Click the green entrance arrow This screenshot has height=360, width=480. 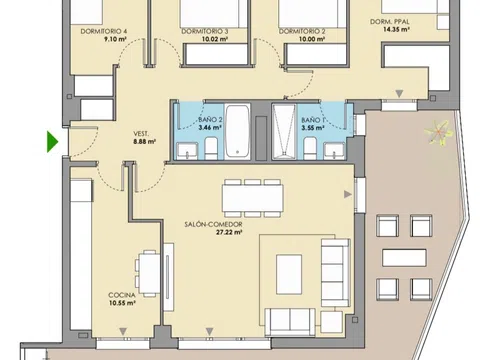(x=52, y=142)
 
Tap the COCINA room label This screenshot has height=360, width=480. (x=122, y=295)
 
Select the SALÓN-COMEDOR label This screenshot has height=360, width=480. (x=213, y=224)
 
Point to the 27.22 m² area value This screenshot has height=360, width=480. (x=229, y=232)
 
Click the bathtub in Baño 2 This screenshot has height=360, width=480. (x=237, y=131)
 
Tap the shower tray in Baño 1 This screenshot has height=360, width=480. (x=284, y=131)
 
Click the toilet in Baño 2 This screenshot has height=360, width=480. (x=211, y=149)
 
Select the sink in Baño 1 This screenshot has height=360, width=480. (x=334, y=151)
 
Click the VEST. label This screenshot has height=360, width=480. (x=141, y=134)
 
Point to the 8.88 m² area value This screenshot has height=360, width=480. (x=145, y=142)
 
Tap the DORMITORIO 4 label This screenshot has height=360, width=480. (x=104, y=31)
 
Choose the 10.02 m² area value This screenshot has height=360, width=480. (x=215, y=39)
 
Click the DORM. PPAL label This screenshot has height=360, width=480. (x=390, y=22)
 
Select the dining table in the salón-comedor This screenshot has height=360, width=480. (x=253, y=198)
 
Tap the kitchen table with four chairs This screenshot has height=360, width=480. (x=147, y=273)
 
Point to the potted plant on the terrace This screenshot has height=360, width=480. (x=438, y=133)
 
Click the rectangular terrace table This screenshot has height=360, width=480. (x=404, y=258)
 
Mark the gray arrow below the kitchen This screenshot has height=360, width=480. (x=123, y=331)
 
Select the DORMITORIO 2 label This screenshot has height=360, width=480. (x=302, y=31)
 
